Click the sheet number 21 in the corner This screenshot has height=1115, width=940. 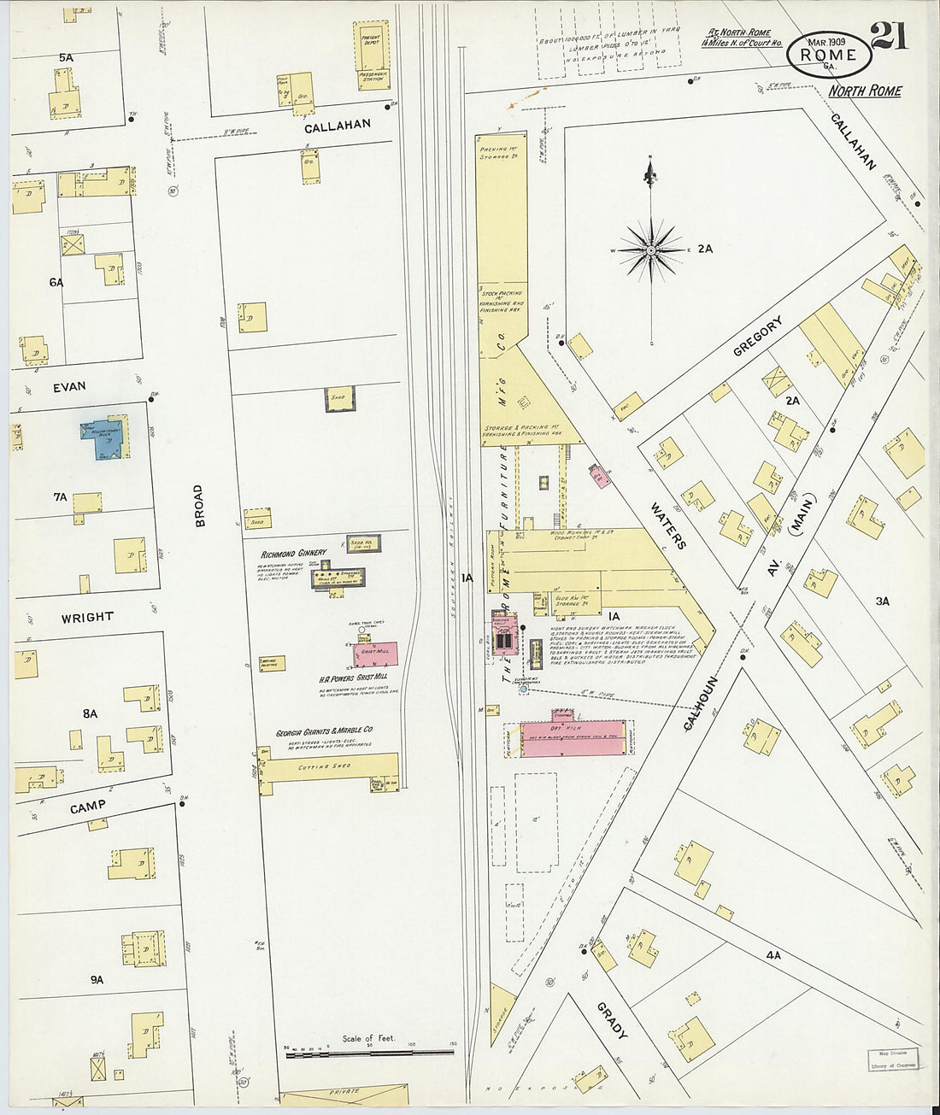(889, 36)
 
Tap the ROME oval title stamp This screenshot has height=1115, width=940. (828, 56)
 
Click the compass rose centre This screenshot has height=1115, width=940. (650, 250)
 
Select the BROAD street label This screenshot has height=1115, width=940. (200, 505)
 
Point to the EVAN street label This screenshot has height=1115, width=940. (69, 387)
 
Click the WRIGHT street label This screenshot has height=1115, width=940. (87, 617)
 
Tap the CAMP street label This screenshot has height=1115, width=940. (88, 807)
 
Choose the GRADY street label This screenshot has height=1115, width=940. (612, 1020)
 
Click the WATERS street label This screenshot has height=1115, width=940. (667, 525)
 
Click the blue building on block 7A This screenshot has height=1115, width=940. (103, 439)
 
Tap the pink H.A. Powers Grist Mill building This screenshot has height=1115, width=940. (375, 654)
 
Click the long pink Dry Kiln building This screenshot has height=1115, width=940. (572, 737)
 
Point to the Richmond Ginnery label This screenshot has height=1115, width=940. (294, 554)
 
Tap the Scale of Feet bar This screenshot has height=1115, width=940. (369, 1052)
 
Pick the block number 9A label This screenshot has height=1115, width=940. (97, 980)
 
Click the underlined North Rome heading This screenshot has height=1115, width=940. (865, 91)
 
